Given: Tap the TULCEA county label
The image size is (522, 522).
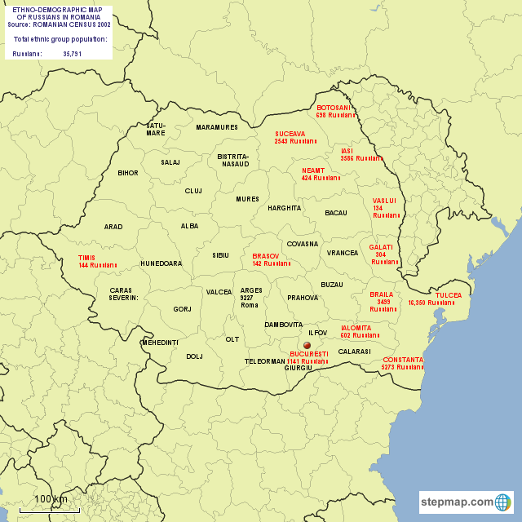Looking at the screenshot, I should pos(449,295).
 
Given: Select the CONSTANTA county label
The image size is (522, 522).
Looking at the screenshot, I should pos(403,360).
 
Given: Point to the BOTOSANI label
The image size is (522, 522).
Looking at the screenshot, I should pos(334,108).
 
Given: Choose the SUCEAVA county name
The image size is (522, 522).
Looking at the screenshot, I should pos(290,133).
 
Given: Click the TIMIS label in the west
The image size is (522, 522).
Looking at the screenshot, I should pos(86,257).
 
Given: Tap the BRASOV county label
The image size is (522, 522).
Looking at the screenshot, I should pos(266,256).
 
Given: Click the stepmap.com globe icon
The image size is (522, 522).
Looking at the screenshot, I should pos(503,502).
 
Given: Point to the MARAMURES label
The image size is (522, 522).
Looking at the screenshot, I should pos(217,127).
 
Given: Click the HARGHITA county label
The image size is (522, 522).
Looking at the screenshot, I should pos(284,208).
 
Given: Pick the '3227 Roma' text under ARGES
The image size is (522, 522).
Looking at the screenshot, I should pos(250,301).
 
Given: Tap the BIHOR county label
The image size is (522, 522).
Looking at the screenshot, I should pos(128,173).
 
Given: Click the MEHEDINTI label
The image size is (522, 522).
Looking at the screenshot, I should pos(160,343).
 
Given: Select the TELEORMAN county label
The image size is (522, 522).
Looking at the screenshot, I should pos(265,361).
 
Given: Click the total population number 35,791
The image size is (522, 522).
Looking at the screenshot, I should pos(73,54).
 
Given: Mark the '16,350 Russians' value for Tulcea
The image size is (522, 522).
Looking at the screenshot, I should pos(431,303).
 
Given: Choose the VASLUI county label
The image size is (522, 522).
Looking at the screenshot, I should pos(384,200).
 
